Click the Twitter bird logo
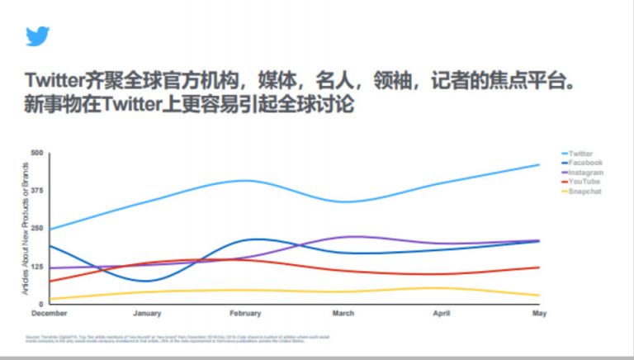(37, 36)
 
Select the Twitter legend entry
(580, 154)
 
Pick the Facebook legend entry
(584, 163)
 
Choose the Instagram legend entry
(585, 173)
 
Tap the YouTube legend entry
(584, 182)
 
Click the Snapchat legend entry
(584, 192)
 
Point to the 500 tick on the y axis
(37, 154)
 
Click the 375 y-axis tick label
(37, 191)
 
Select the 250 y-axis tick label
(37, 229)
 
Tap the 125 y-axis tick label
(37, 267)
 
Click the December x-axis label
(50, 314)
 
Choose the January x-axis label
(147, 314)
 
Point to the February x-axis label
(245, 314)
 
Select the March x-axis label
(343, 314)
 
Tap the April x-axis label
(442, 314)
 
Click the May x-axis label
(538, 314)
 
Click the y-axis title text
(26, 229)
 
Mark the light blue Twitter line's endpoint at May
(539, 165)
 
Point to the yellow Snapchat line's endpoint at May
(539, 296)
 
